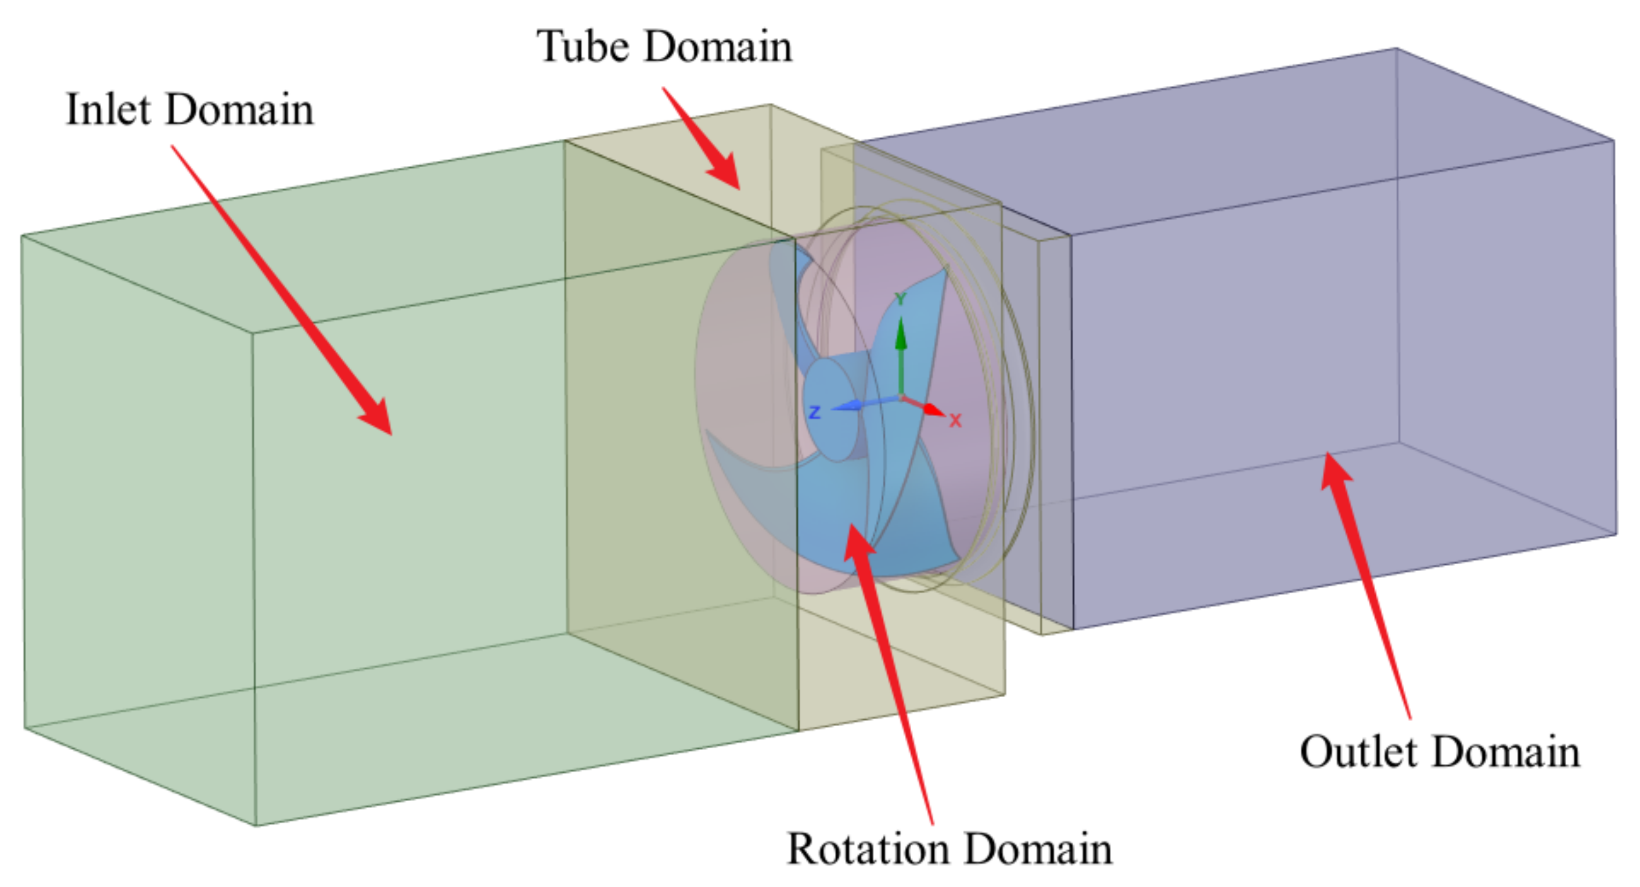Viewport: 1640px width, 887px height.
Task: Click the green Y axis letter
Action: coord(900,299)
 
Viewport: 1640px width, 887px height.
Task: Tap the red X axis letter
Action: coord(955,421)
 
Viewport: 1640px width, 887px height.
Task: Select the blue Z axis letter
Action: coord(814,412)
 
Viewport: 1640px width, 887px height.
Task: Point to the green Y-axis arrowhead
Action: coord(900,334)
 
